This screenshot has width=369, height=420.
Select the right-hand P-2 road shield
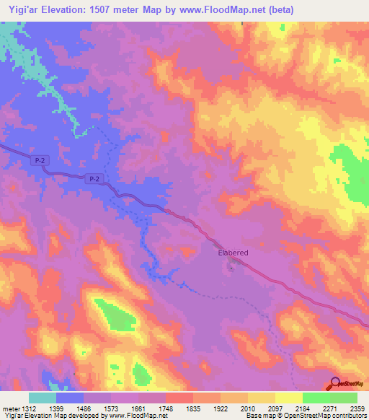click(92, 178)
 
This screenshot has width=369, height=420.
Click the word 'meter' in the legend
click(9, 408)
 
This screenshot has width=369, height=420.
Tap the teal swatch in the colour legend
click(43, 398)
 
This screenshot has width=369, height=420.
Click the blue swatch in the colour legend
click(70, 398)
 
